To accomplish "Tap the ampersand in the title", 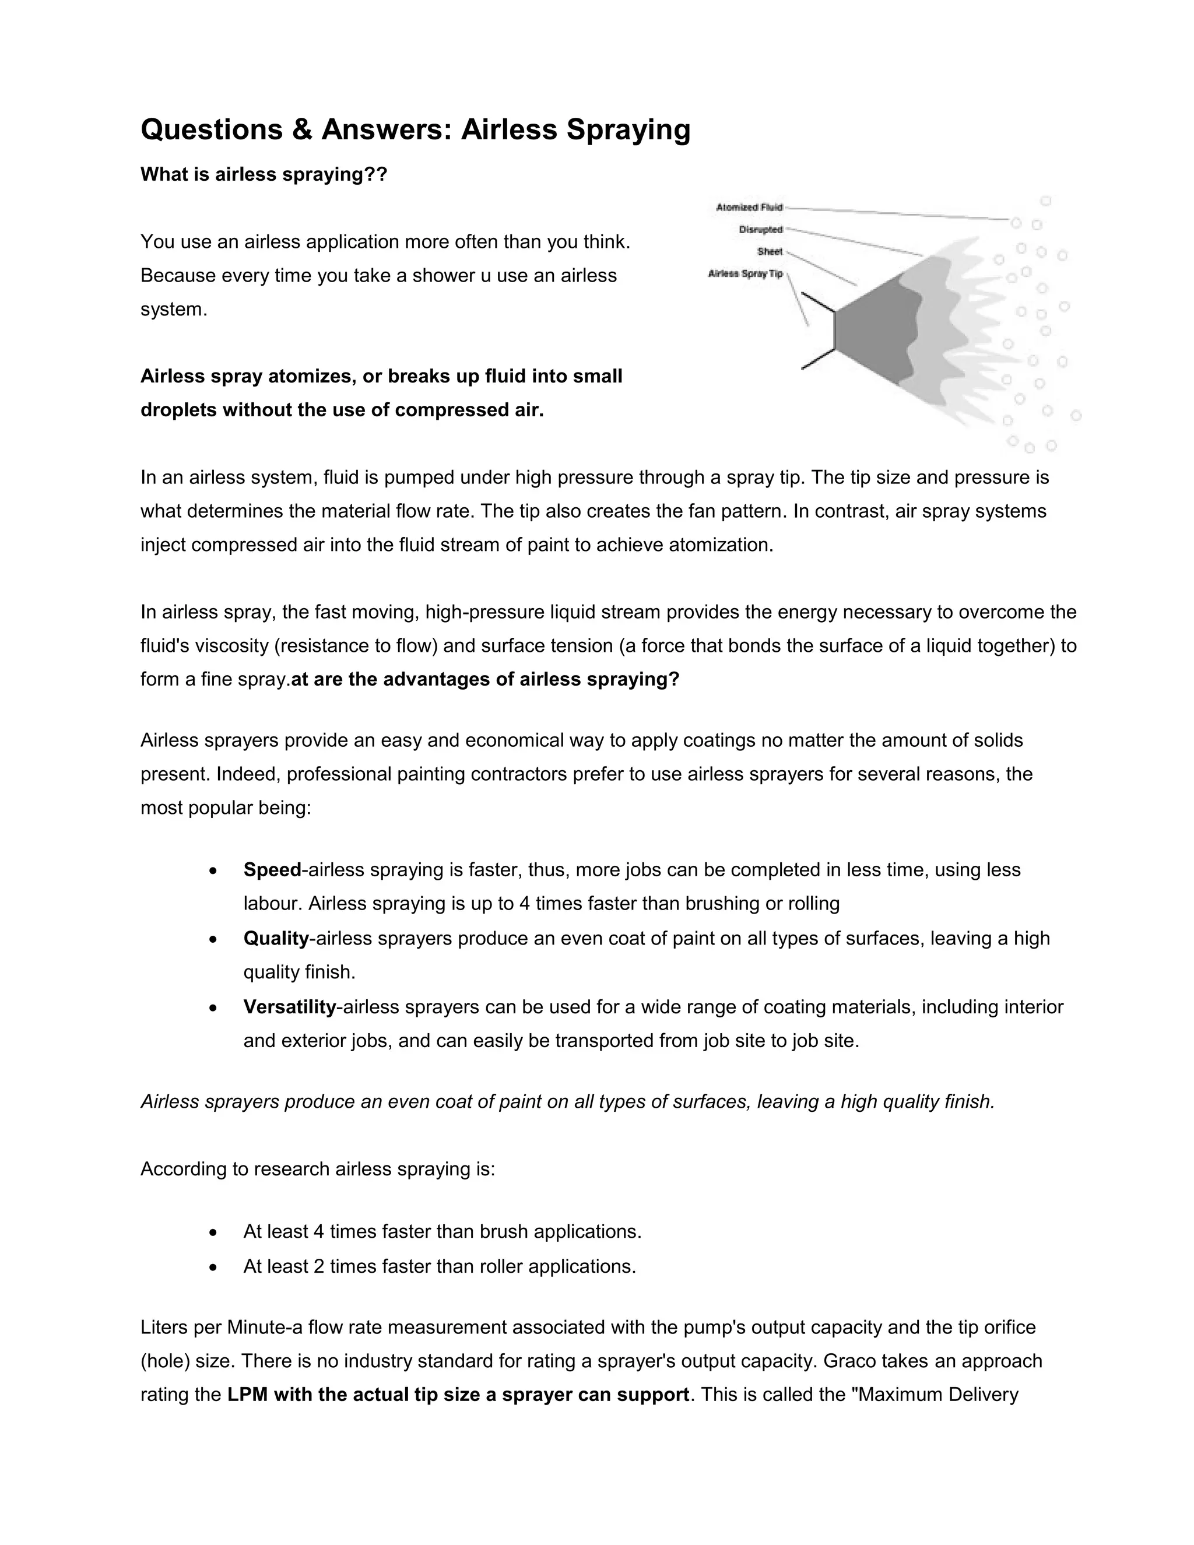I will pos(301,130).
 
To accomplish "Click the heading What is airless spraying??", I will pos(264,175).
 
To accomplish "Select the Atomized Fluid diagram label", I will pos(749,208).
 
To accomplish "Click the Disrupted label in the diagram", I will pos(760,229).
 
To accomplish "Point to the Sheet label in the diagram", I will pos(770,251).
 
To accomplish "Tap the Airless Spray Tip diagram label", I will pos(746,274).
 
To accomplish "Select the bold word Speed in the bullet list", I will pos(272,870).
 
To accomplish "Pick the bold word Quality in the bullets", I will pos(276,939).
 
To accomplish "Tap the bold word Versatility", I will pos(289,1007).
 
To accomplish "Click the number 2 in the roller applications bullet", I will pos(318,1266).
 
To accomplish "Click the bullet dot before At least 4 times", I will pos(213,1233).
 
